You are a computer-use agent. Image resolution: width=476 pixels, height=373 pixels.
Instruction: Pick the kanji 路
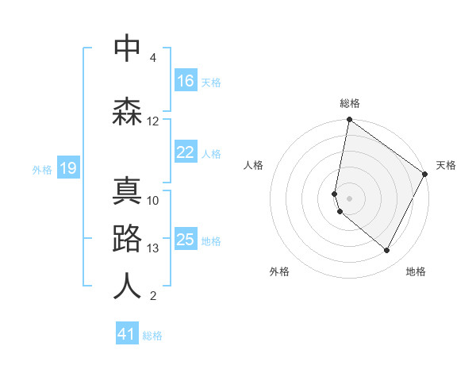coord(127,239)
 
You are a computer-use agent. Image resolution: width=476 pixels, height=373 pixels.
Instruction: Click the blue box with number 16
coord(186,81)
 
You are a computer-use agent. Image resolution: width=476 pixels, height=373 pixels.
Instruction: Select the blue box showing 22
coord(186,152)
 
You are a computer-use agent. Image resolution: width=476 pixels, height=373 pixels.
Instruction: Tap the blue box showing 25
coord(186,240)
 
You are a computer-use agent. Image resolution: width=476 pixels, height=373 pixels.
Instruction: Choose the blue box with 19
coord(67,168)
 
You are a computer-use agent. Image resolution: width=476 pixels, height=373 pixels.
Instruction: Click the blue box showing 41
coord(127,334)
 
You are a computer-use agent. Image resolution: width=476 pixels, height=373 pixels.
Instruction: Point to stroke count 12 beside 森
coord(153,121)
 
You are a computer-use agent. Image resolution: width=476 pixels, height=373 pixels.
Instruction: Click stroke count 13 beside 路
coord(153,248)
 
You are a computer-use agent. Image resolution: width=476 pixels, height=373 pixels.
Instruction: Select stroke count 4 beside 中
coord(153,58)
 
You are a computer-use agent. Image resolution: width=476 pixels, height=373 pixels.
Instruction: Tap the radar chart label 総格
coord(350,103)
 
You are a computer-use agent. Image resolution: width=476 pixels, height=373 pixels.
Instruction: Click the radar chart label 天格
coord(446,165)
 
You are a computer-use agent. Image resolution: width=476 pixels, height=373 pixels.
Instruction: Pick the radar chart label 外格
coord(279,271)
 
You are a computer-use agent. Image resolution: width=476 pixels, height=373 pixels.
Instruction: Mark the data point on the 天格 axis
coord(425,174)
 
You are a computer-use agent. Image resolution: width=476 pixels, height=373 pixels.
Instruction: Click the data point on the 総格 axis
coord(349,121)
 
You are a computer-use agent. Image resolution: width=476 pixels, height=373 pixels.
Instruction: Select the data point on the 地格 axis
coord(387,250)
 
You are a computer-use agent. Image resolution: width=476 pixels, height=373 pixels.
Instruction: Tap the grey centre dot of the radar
coord(349,198)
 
